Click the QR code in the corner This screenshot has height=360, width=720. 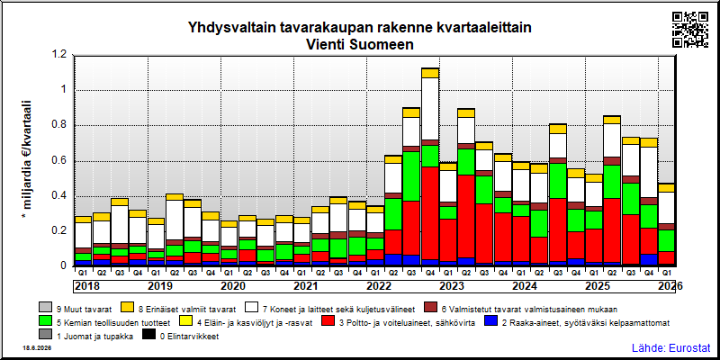coord(690,30)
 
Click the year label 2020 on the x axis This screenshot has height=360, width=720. coord(233,286)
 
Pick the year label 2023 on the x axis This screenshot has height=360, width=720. coord(452,286)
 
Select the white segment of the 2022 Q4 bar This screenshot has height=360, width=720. coord(430,109)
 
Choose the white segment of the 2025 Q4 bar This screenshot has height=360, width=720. coord(648,173)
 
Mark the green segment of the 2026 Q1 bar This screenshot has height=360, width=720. coord(666,240)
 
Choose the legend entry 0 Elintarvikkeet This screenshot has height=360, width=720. coord(189,336)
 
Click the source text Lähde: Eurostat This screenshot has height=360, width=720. coord(671,347)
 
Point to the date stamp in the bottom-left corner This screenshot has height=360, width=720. coord(37,348)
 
